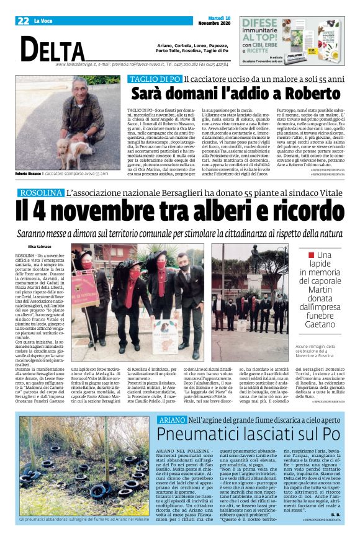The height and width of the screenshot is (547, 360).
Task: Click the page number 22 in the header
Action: [23, 20]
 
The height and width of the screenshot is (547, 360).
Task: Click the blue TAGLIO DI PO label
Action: [154, 79]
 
